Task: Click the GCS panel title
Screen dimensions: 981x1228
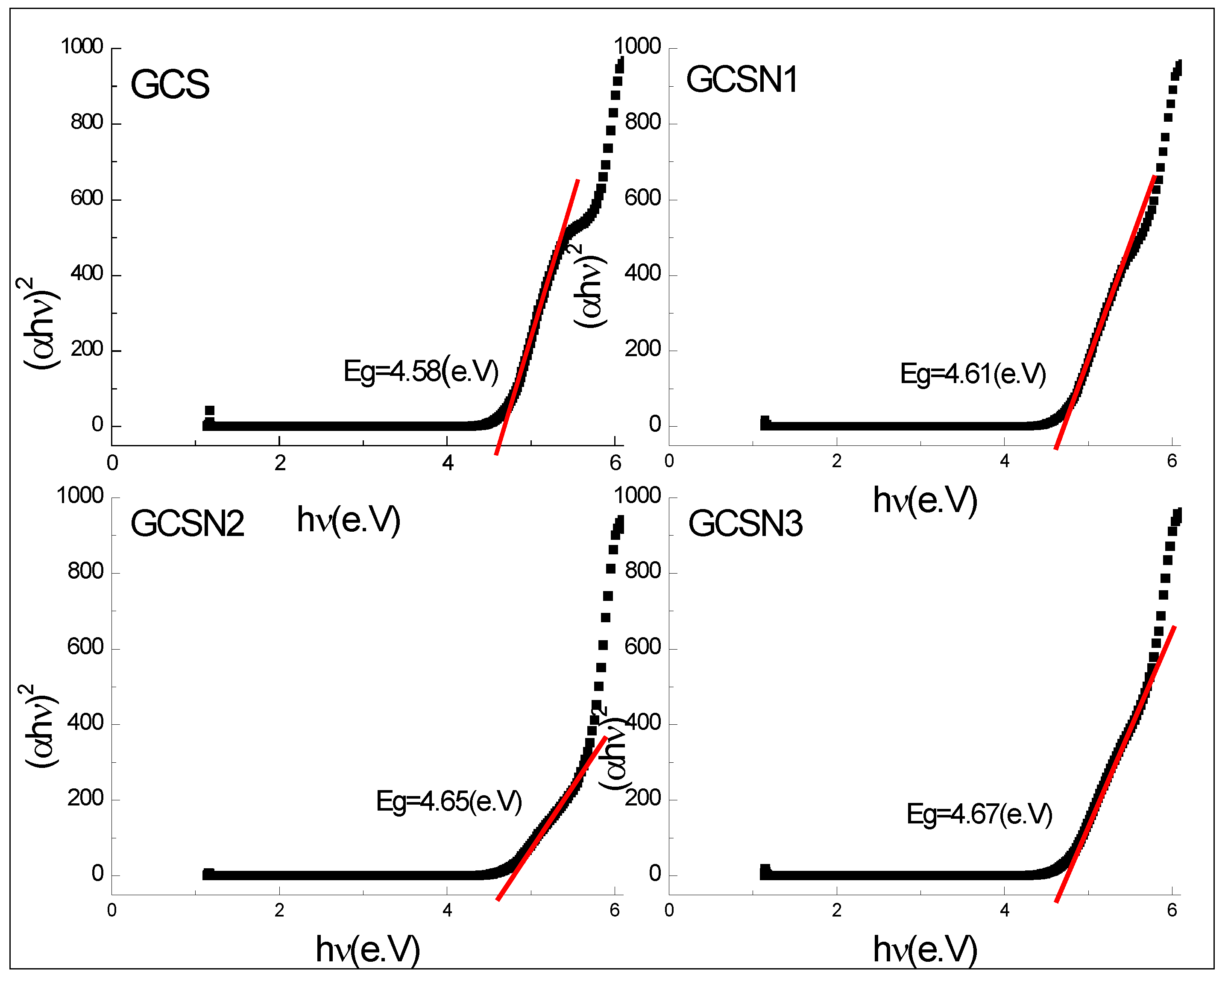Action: coord(170,84)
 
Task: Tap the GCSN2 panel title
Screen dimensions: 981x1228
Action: coord(187,523)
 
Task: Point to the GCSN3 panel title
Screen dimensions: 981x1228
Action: coord(745,523)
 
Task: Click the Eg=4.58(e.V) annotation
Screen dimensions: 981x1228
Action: coord(421,372)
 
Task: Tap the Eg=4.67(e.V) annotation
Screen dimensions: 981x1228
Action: coord(979,814)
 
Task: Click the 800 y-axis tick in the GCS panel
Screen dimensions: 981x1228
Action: coord(87,123)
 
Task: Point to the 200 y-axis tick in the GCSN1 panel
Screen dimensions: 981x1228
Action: coord(642,349)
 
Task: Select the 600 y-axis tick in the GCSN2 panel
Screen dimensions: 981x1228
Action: coord(85,647)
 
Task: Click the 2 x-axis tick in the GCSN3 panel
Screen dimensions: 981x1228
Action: coord(836,911)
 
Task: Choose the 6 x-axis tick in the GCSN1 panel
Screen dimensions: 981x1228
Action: coord(1172,462)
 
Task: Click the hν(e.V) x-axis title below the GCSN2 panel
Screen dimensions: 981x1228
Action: coord(368,949)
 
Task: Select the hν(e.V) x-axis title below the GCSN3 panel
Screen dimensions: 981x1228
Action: coord(925,949)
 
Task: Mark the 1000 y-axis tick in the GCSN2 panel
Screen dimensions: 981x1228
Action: coord(80,496)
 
